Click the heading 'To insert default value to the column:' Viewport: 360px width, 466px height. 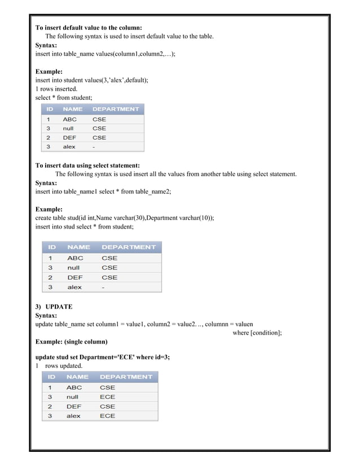click(89, 28)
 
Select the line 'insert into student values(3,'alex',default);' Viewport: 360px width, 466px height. click(92, 80)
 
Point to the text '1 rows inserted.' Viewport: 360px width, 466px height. click(58, 89)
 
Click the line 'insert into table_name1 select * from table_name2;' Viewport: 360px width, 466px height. click(103, 191)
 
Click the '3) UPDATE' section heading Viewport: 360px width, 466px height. click(54, 307)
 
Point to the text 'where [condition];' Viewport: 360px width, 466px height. click(257, 333)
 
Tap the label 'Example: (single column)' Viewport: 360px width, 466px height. click(71, 342)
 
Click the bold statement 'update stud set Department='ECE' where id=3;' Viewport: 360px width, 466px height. click(103, 357)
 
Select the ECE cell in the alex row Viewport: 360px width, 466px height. click(107, 416)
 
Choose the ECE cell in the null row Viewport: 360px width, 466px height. click(107, 397)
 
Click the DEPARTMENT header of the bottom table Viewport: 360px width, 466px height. click(126, 376)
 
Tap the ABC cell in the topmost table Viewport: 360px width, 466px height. click(69, 120)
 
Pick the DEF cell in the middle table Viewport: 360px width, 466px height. click(75, 278)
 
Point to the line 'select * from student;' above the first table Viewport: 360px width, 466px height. click(64, 98)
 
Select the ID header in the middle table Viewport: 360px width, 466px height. click(52, 247)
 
